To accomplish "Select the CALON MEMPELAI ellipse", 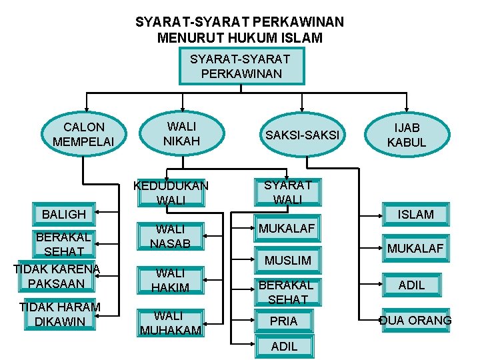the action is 83,133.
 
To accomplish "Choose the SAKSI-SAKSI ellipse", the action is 302,135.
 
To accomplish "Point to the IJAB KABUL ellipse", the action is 406,135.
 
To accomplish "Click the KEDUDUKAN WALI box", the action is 171,193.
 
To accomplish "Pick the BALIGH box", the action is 64,214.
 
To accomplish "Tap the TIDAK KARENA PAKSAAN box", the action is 56,276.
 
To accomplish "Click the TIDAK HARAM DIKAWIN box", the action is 60,314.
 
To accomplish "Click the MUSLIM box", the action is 288,259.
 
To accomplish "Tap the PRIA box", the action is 283,321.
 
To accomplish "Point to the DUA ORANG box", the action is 415,321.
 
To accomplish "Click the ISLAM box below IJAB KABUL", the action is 416,214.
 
